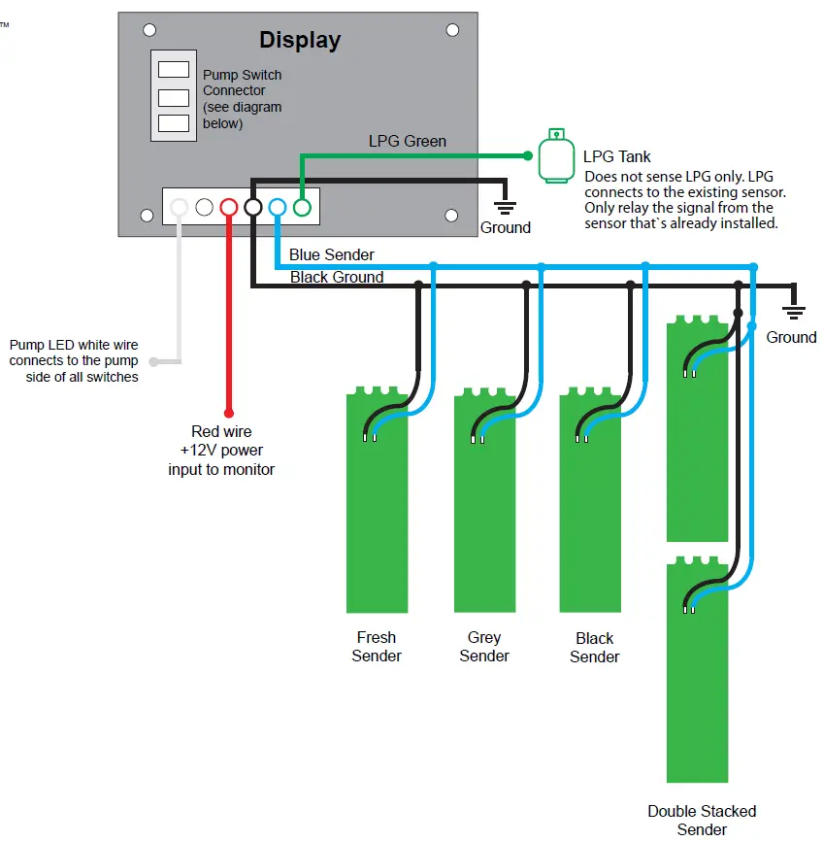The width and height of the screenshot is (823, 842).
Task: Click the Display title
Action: click(300, 41)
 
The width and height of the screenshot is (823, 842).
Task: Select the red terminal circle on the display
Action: click(228, 207)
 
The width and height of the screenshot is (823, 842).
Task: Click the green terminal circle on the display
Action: click(301, 207)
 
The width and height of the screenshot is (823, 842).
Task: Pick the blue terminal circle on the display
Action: click(277, 207)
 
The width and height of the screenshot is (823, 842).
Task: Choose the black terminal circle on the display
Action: click(252, 207)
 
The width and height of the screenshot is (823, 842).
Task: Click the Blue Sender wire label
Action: click(331, 255)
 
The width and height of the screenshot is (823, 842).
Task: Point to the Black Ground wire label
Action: click(337, 278)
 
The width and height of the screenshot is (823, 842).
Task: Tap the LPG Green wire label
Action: click(408, 142)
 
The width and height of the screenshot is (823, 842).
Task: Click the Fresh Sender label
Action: click(377, 647)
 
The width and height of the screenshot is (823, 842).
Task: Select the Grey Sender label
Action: click(484, 647)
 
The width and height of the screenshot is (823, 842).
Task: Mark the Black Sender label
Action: click(594, 647)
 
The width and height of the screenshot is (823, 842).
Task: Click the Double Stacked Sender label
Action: click(702, 820)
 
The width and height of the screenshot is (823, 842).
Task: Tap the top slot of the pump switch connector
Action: click(173, 70)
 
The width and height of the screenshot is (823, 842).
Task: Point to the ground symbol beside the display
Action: click(505, 205)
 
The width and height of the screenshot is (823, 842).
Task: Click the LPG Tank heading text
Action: click(617, 156)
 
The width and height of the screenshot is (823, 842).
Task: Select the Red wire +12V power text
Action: click(221, 451)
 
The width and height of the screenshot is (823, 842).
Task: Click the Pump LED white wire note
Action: click(74, 360)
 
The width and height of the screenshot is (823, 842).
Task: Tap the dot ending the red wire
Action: click(229, 411)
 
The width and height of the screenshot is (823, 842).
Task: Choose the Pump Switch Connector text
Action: click(243, 99)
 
